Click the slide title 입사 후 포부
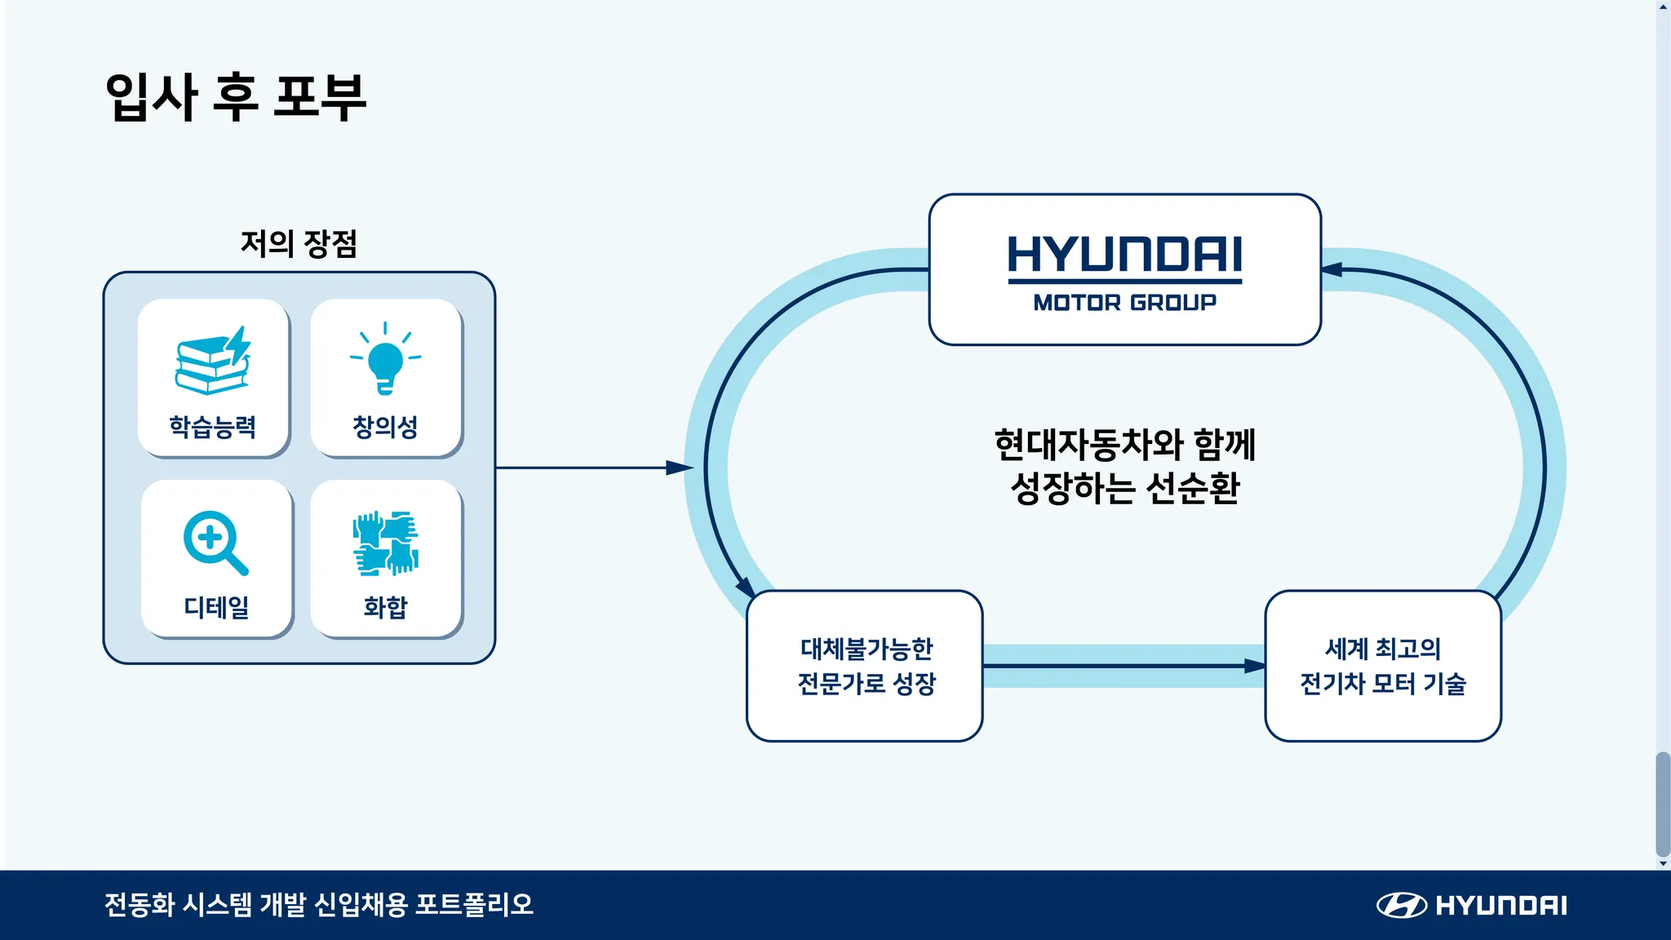click(x=236, y=98)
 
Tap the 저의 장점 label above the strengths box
click(x=299, y=243)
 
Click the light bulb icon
click(x=386, y=358)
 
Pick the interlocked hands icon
click(x=386, y=543)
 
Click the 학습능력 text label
click(x=213, y=427)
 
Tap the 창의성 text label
click(x=385, y=427)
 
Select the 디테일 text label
click(x=216, y=607)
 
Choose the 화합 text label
click(x=385, y=607)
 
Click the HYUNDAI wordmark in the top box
click(x=1124, y=255)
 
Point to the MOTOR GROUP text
click(x=1124, y=303)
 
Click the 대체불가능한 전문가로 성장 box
click(x=865, y=666)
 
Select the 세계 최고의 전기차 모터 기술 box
click(x=1383, y=666)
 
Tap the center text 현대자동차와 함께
click(x=1124, y=445)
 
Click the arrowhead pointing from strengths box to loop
click(x=680, y=468)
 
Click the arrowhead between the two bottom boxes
click(x=1255, y=666)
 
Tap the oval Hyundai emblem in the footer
click(x=1401, y=905)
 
